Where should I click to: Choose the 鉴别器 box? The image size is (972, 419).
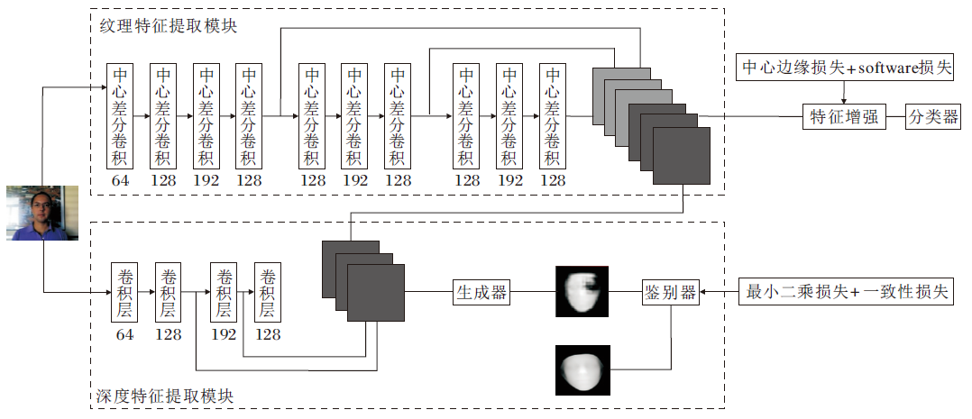pyautogui.click(x=670, y=292)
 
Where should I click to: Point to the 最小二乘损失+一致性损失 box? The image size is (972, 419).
pyautogui.click(x=847, y=292)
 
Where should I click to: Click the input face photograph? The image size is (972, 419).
pyautogui.click(x=42, y=214)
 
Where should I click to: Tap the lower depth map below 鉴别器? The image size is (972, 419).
pyautogui.click(x=582, y=369)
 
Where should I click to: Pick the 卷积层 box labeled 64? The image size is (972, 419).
pyautogui.click(x=124, y=293)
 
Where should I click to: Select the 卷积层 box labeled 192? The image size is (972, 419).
pyautogui.click(x=224, y=293)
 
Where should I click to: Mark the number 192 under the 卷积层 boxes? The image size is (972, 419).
pyautogui.click(x=224, y=334)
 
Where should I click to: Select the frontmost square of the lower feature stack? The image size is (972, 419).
pyautogui.click(x=376, y=294)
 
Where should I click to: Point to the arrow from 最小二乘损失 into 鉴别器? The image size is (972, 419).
pyautogui.click(x=709, y=292)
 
